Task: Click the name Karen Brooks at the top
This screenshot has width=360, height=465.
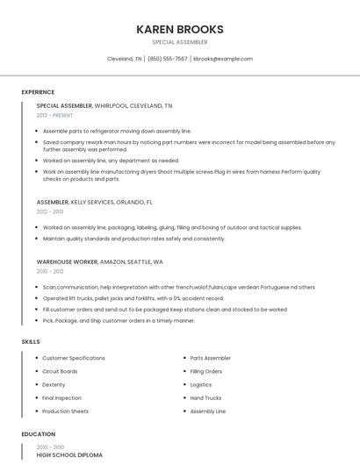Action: tap(179, 29)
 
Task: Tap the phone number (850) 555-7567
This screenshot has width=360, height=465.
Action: tap(167, 59)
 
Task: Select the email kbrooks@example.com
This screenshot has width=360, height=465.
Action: tap(223, 59)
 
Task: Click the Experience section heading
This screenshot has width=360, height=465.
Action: tap(38, 92)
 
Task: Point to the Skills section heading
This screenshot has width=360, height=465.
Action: tap(30, 341)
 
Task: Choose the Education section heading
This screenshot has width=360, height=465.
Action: tap(38, 434)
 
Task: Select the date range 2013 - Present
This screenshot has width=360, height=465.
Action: tap(54, 115)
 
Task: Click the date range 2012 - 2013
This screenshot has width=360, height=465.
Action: tap(50, 211)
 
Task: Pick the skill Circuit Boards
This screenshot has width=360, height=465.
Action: tap(60, 371)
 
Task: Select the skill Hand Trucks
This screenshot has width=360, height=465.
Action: tap(205, 397)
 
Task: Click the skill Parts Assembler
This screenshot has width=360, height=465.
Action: tap(210, 358)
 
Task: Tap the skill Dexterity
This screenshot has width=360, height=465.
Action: tap(54, 384)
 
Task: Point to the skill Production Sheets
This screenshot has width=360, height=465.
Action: tap(65, 411)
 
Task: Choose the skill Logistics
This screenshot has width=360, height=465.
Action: tap(201, 384)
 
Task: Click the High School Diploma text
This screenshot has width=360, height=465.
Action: tap(69, 455)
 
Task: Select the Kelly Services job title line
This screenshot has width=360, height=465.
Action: tap(94, 202)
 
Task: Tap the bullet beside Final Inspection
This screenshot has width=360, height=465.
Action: tap(35, 397)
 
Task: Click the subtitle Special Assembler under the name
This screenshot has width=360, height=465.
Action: tap(179, 42)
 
